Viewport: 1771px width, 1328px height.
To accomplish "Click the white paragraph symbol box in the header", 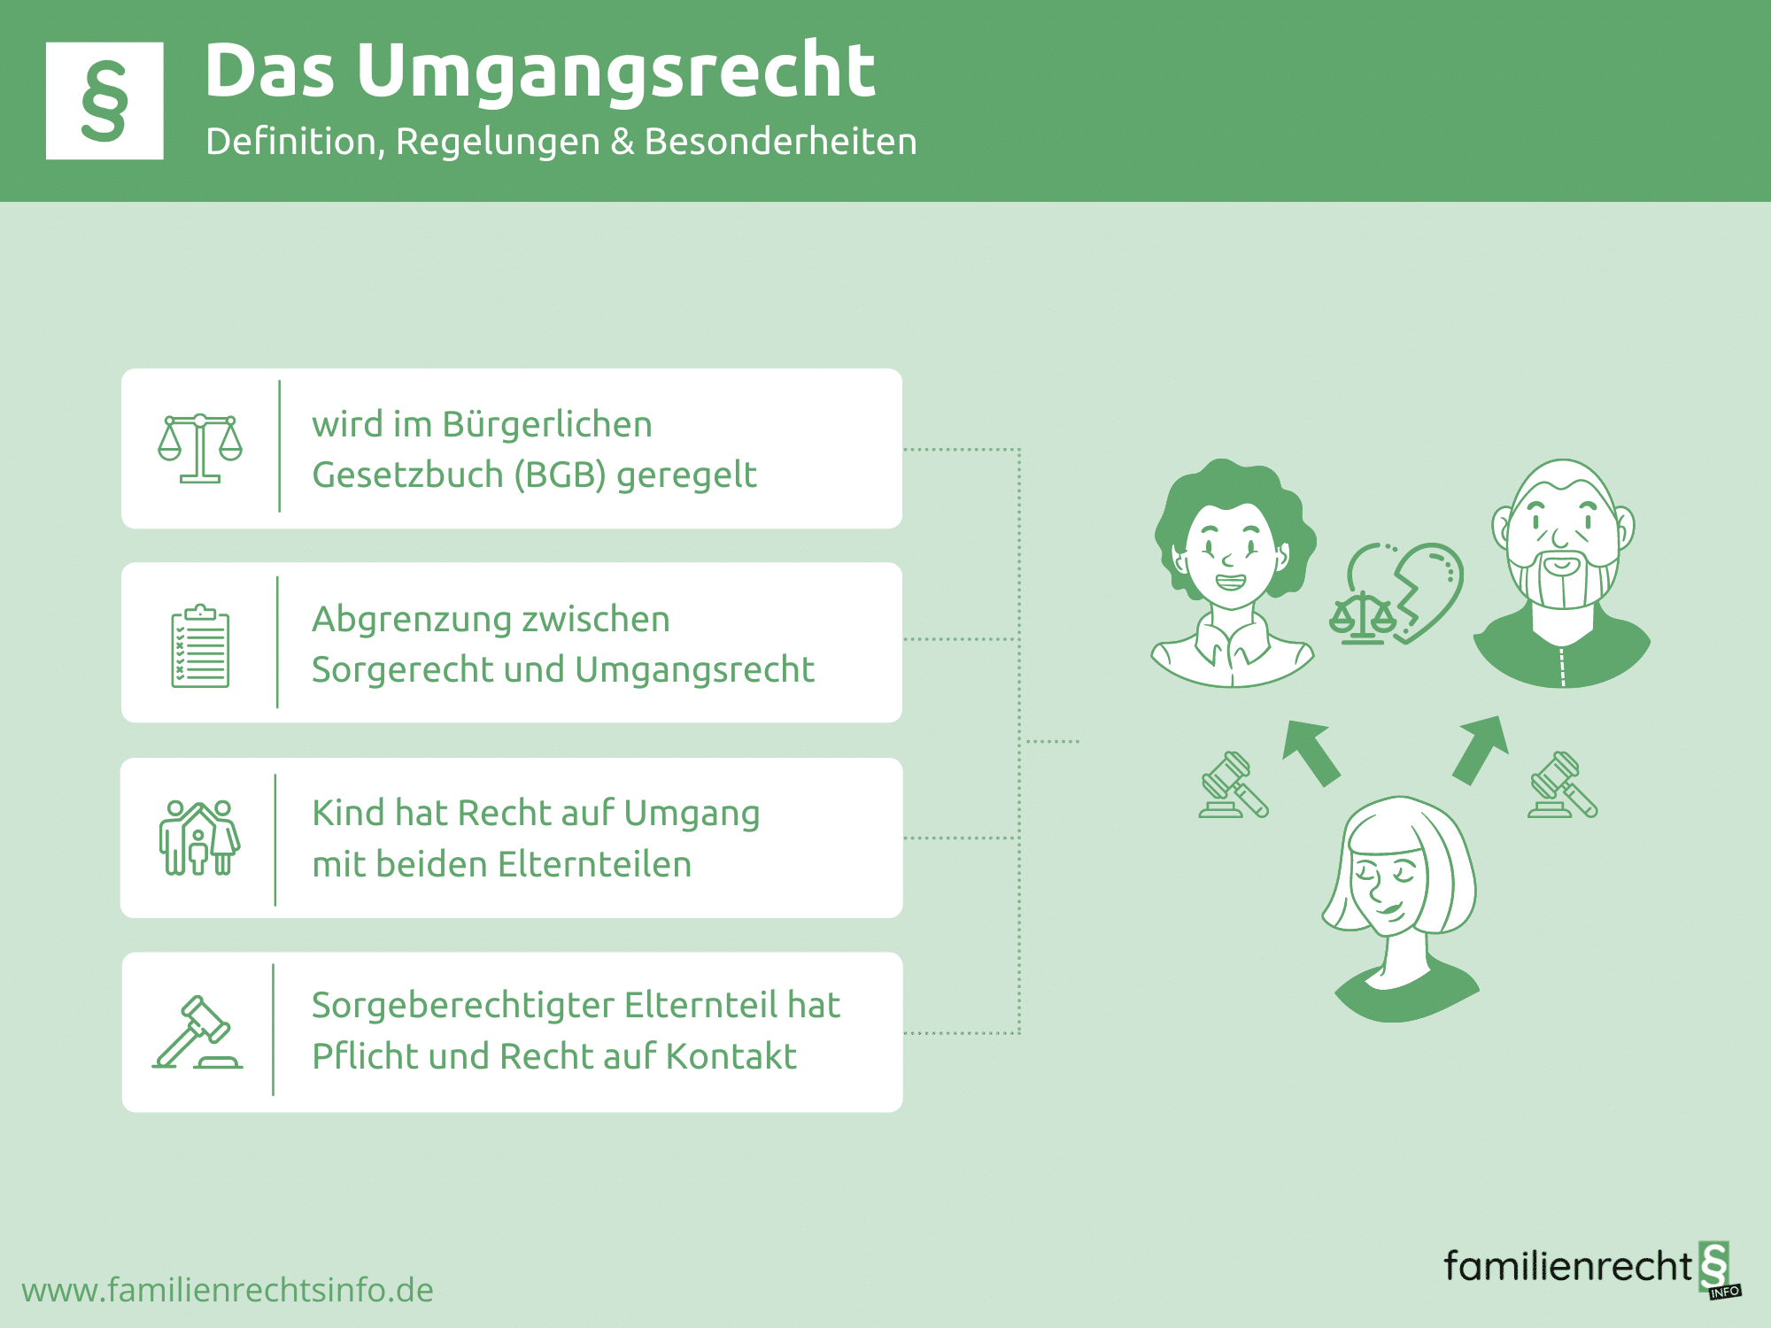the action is click(x=104, y=101).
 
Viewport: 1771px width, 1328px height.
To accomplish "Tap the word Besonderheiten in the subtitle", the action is click(x=780, y=142).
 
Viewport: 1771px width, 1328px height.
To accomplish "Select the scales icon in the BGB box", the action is click(x=200, y=448).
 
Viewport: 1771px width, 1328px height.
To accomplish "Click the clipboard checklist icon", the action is click(x=200, y=646).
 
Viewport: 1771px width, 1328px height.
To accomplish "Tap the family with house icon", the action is click(x=199, y=838).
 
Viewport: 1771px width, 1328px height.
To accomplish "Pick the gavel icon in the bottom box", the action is click(x=197, y=1032).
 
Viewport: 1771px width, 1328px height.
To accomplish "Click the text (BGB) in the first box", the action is click(x=560, y=475).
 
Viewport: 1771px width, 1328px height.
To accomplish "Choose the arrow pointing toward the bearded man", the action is click(x=1481, y=749).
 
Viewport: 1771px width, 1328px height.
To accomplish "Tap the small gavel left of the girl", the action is click(x=1234, y=784).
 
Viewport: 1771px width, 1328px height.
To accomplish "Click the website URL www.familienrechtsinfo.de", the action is click(x=228, y=1291).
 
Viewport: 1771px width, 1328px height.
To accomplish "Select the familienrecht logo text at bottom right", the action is click(x=1568, y=1266).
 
